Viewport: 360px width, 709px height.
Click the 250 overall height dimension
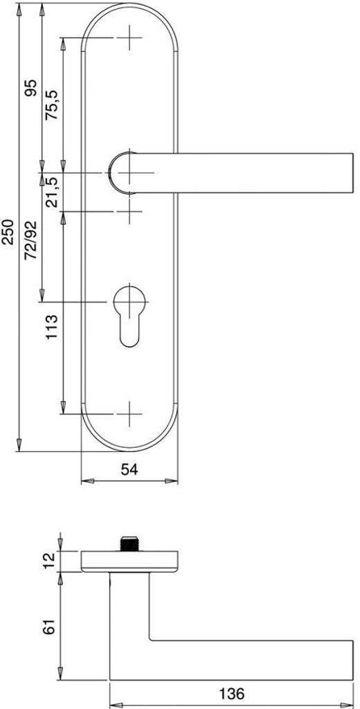(8, 231)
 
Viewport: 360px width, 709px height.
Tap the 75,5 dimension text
(52, 105)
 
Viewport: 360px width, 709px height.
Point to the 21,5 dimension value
(53, 192)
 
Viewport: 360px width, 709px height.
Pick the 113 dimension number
(52, 327)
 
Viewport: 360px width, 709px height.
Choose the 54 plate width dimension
(129, 469)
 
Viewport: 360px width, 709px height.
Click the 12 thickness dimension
(50, 561)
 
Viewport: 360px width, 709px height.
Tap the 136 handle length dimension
(231, 692)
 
